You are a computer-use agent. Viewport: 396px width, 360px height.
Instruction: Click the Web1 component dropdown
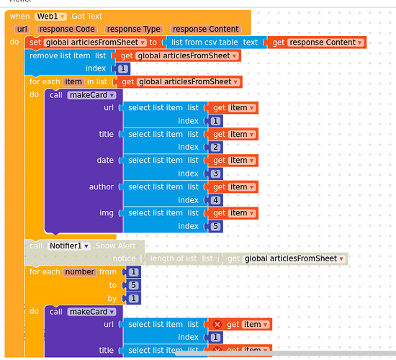click(x=50, y=16)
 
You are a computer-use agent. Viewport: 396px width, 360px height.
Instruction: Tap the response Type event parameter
click(x=133, y=29)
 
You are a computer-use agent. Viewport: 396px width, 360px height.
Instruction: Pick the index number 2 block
click(x=216, y=147)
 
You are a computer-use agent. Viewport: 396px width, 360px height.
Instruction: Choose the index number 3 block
click(x=216, y=174)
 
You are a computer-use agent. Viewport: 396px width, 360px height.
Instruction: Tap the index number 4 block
click(x=216, y=200)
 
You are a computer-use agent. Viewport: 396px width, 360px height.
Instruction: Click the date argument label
click(x=105, y=161)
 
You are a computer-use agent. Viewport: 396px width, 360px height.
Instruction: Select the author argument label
click(x=101, y=187)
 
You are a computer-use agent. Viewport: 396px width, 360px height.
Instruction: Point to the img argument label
click(x=107, y=213)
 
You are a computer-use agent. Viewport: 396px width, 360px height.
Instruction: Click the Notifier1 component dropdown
click(x=68, y=246)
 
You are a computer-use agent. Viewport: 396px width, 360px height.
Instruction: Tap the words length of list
click(x=174, y=258)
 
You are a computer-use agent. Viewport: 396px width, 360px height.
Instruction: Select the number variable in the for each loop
click(x=79, y=272)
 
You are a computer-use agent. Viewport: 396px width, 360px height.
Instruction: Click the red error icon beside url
click(x=216, y=325)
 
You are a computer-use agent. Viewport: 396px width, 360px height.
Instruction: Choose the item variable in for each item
click(x=73, y=82)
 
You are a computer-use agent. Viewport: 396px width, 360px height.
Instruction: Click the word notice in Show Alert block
click(x=123, y=258)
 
